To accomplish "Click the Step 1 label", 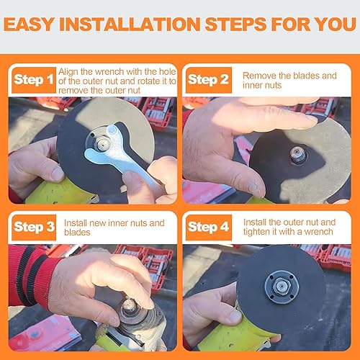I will (32, 80).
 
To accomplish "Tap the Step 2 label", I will (208, 80).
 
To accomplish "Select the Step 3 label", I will (33, 227).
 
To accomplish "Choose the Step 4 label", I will (209, 227).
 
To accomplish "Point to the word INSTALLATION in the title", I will (150, 24).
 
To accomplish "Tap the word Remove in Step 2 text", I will (258, 75).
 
